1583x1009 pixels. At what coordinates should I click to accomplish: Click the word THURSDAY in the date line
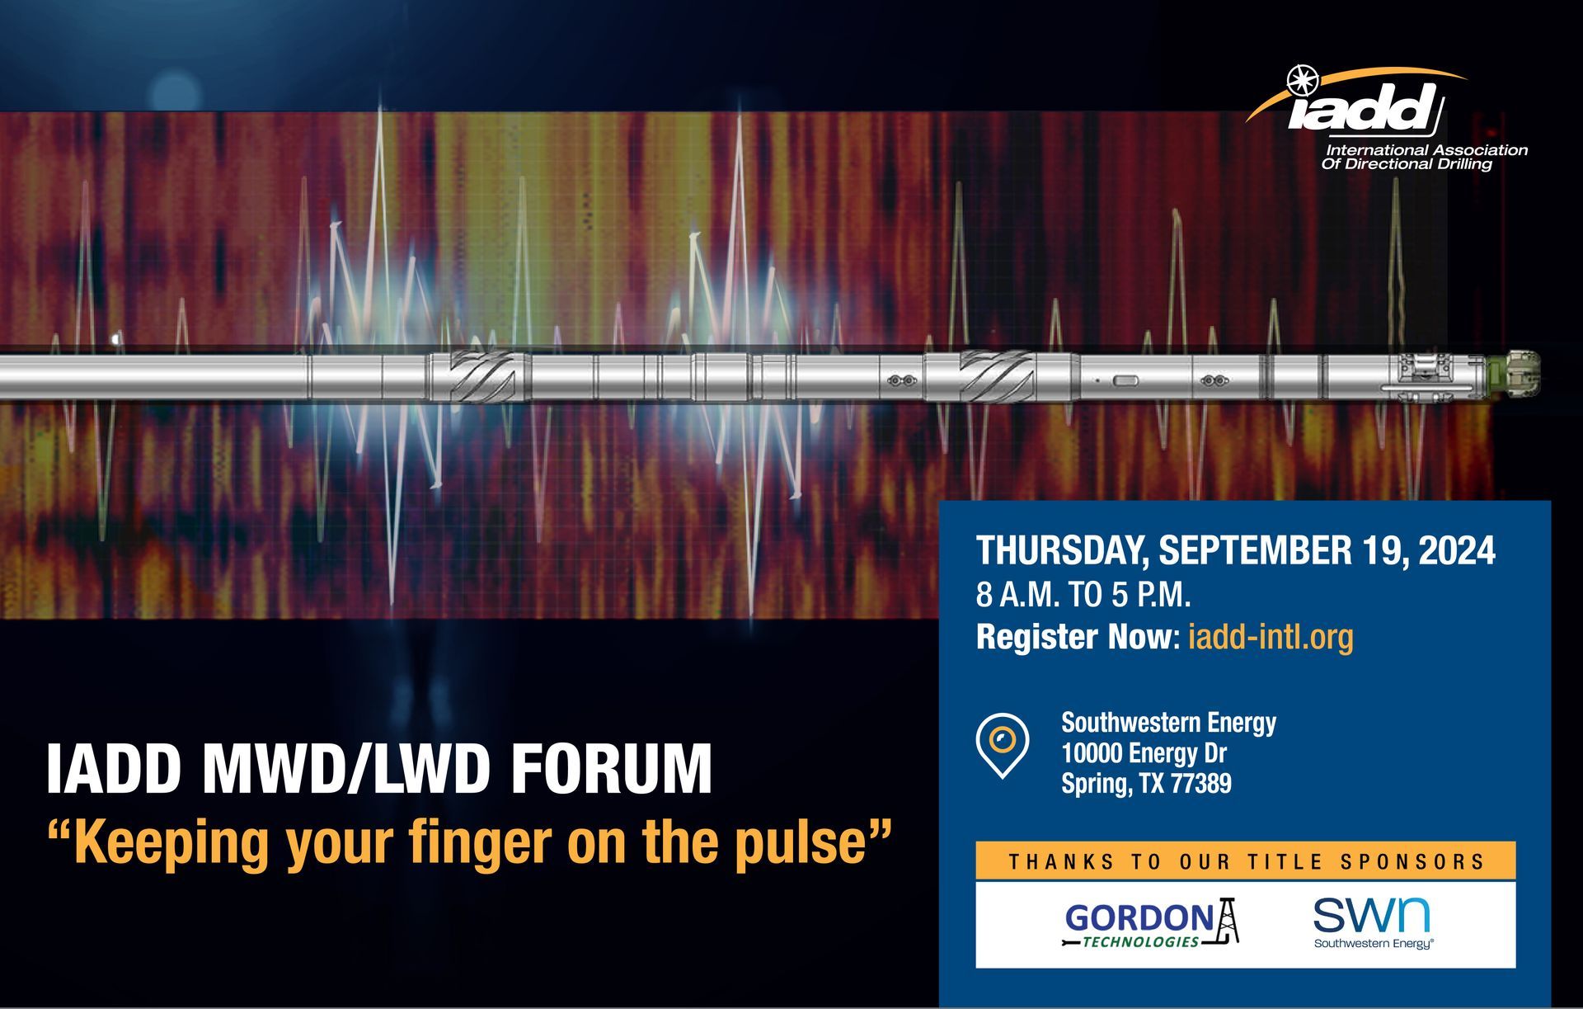pos(1062,551)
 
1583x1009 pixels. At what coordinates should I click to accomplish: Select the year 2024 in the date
pos(1456,551)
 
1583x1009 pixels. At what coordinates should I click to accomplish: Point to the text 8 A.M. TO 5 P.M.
pos(1083,594)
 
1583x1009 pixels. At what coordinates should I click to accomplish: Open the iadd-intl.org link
pos(1271,637)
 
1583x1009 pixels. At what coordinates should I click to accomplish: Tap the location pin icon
pos(1003,745)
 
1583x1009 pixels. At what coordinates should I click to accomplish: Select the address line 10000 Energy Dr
pos(1144,753)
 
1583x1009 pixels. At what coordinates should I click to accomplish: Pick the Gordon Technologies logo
pos(1152,923)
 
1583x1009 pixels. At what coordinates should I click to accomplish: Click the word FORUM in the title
pos(611,769)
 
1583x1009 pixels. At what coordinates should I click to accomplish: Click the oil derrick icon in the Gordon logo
pos(1228,920)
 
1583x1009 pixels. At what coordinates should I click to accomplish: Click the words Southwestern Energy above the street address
pos(1168,723)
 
